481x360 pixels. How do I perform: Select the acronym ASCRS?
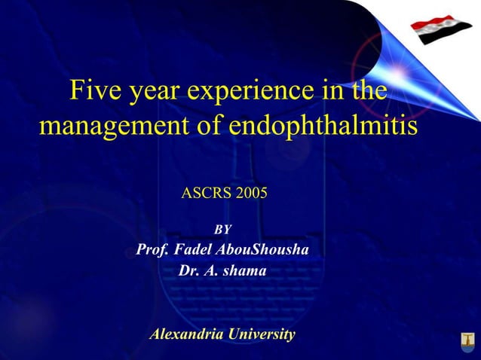pos(207,194)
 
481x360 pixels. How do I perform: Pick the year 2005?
pos(251,194)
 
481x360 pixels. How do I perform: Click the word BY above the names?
pos(223,229)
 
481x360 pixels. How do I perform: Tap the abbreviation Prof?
pos(152,249)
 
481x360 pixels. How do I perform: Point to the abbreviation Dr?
pos(188,270)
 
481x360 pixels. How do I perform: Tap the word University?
pos(260,334)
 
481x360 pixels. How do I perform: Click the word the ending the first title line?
pos(370,91)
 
